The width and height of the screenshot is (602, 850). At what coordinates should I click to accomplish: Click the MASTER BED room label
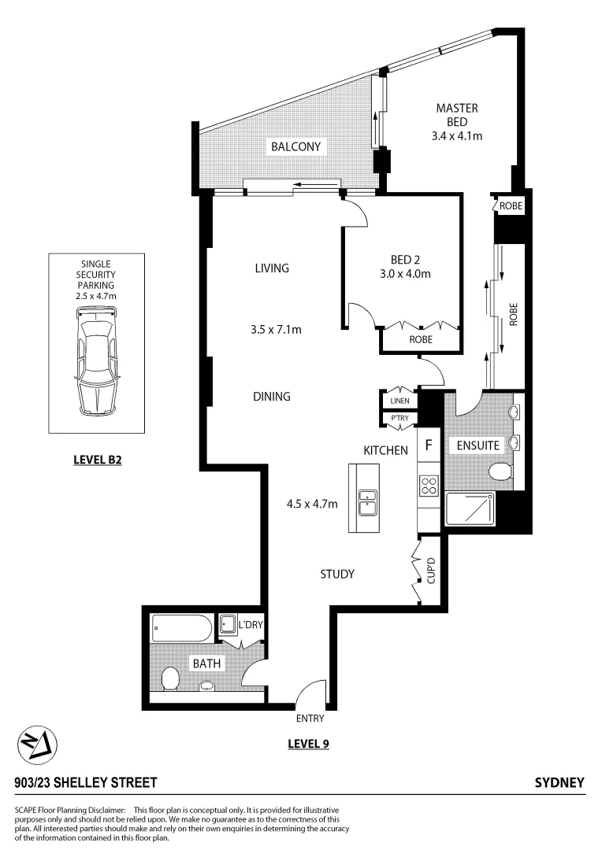[x=457, y=115]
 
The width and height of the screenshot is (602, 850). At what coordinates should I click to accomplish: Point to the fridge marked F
[x=429, y=445]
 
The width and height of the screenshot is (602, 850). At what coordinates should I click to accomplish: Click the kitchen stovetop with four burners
[x=429, y=486]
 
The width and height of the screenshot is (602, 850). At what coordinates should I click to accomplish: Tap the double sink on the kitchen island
[x=367, y=501]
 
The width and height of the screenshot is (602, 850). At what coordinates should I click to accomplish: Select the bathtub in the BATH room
[x=182, y=629]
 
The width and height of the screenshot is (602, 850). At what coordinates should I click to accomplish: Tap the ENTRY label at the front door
[x=310, y=719]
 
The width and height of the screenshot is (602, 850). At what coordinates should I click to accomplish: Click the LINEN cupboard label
[x=399, y=401]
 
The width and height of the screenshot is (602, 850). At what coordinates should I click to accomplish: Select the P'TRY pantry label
[x=399, y=419]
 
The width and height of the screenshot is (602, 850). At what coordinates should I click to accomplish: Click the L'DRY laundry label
[x=251, y=625]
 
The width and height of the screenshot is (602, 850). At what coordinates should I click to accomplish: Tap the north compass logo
[x=39, y=744]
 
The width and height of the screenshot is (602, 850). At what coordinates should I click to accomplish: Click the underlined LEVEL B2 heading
[x=96, y=460]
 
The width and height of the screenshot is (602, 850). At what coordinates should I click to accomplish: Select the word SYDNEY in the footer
[x=559, y=783]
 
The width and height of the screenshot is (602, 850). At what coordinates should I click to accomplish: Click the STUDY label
[x=336, y=574]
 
